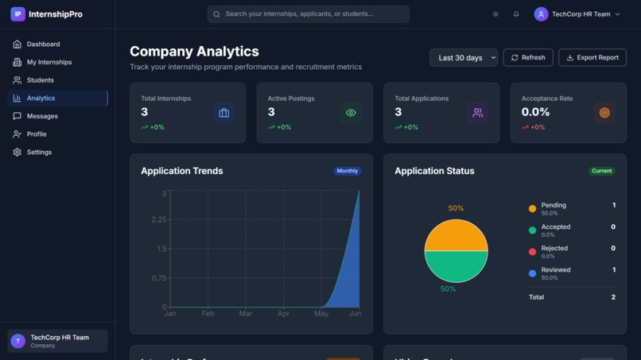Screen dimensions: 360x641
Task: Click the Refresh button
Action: pyautogui.click(x=527, y=58)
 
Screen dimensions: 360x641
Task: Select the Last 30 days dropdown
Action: pyautogui.click(x=463, y=58)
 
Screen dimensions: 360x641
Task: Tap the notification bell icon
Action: pyautogui.click(x=516, y=14)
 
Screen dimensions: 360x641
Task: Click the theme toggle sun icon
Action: pyautogui.click(x=495, y=14)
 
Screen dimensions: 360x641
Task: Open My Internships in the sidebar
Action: pyautogui.click(x=49, y=62)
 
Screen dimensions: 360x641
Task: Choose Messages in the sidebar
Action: pyautogui.click(x=42, y=116)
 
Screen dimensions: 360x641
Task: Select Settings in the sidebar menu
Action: pyautogui.click(x=39, y=152)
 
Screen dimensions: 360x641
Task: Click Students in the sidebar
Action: pyautogui.click(x=41, y=80)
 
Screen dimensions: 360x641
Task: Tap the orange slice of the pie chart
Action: pyautogui.click(x=456, y=236)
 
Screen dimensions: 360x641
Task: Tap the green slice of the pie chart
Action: pyautogui.click(x=456, y=266)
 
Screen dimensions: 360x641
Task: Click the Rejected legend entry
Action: pyautogui.click(x=554, y=251)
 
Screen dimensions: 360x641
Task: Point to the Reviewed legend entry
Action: pyautogui.click(x=555, y=273)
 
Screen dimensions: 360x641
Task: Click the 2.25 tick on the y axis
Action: pyautogui.click(x=159, y=219)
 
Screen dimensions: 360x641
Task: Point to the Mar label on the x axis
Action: pyautogui.click(x=245, y=314)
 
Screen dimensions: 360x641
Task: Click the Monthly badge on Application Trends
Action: pyautogui.click(x=348, y=171)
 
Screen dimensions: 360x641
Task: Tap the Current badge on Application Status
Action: pyautogui.click(x=601, y=171)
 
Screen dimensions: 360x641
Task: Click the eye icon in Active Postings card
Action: pyautogui.click(x=351, y=113)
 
